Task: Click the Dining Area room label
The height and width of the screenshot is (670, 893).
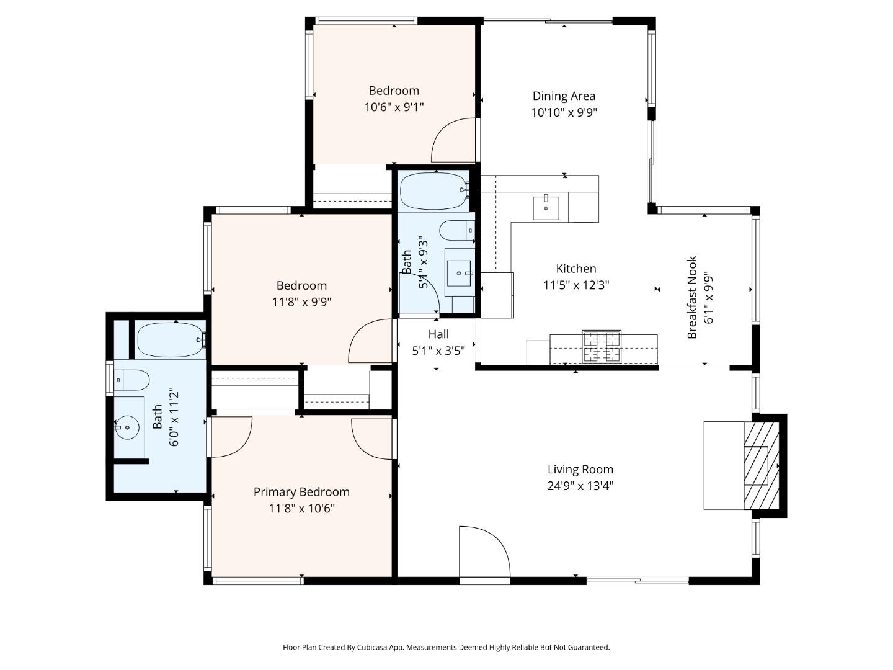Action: (564, 96)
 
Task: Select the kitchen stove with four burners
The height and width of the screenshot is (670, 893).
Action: (601, 347)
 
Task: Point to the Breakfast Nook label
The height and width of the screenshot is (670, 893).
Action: (693, 297)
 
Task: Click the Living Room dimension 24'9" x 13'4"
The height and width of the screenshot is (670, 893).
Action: (580, 486)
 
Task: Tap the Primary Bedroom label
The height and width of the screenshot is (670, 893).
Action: (301, 492)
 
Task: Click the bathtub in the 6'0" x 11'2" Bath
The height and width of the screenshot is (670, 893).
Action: (171, 339)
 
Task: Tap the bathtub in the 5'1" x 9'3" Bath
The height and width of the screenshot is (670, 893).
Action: (433, 192)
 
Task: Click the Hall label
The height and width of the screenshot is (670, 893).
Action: (438, 334)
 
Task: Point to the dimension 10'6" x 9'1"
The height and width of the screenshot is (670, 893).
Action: (394, 107)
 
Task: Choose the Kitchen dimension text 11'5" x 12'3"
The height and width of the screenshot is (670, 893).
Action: (576, 285)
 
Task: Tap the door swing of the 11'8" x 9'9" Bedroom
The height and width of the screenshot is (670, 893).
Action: (371, 341)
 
